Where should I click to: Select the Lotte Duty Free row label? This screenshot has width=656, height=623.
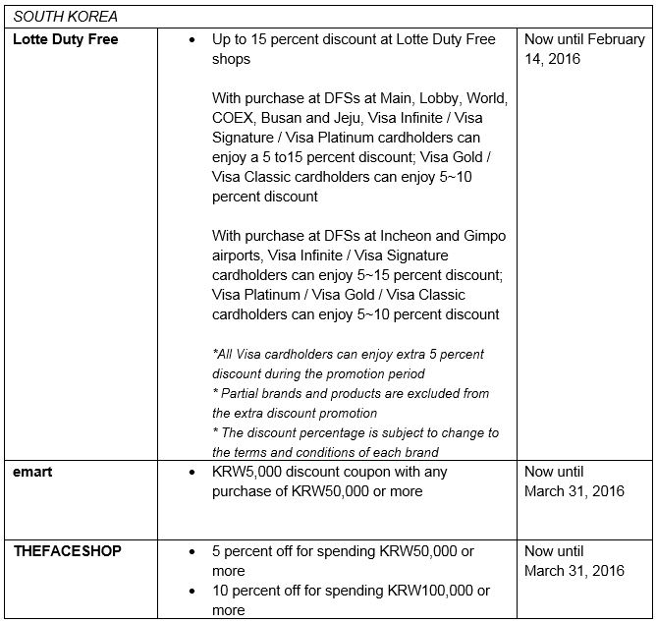point(65,39)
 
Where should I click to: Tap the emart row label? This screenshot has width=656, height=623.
point(33,472)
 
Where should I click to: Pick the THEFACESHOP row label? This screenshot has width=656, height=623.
point(67,550)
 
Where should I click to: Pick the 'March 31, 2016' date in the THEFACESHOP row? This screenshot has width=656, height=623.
point(574,570)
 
